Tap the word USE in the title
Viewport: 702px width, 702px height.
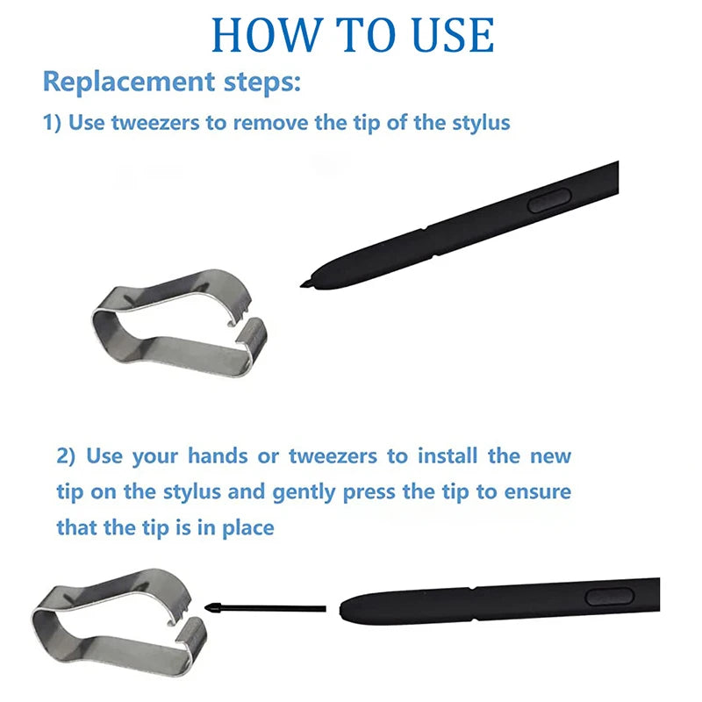[449, 35]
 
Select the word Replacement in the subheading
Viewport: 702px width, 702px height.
[129, 82]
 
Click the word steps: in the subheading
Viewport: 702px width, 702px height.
[262, 82]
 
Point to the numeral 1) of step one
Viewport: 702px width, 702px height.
[52, 123]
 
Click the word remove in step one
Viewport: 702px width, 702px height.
[271, 123]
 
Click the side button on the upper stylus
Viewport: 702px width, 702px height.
[549, 200]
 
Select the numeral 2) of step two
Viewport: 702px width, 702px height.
[66, 456]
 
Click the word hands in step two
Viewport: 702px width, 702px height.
[218, 455]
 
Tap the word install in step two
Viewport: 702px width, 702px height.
[448, 455]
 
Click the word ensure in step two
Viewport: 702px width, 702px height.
[538, 492]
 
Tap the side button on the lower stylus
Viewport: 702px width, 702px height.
[610, 598]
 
